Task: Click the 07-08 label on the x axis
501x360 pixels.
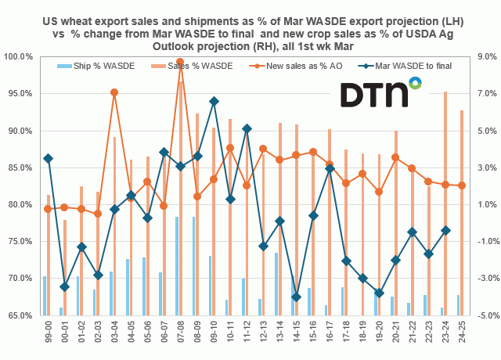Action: click(180, 333)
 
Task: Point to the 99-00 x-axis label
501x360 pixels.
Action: click(48, 333)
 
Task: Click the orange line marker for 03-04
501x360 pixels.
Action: click(114, 92)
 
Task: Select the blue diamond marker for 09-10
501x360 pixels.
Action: click(214, 101)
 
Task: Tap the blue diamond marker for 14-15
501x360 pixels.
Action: click(296, 297)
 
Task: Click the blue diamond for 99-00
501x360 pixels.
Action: click(48, 158)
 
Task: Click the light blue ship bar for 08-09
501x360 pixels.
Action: click(193, 266)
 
